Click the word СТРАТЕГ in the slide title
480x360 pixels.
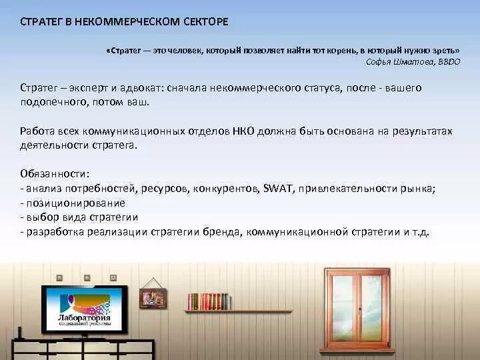(x=43, y=22)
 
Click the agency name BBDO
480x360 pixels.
(x=449, y=61)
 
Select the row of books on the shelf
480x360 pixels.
(x=209, y=301)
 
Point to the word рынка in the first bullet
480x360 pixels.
(x=420, y=189)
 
